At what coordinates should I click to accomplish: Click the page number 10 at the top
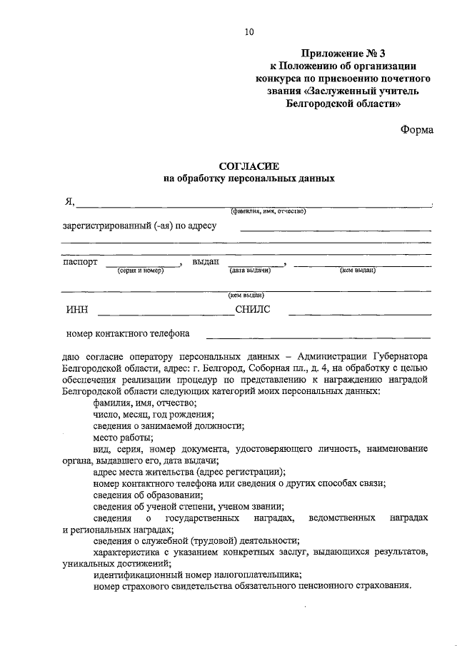pos(248,31)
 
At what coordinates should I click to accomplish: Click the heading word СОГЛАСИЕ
pos(248,166)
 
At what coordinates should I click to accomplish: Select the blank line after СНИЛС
pos(359,314)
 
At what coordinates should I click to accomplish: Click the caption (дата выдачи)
pos(249,271)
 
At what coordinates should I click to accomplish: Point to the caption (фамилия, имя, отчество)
pos(268,211)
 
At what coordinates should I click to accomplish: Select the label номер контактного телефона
pos(127,333)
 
